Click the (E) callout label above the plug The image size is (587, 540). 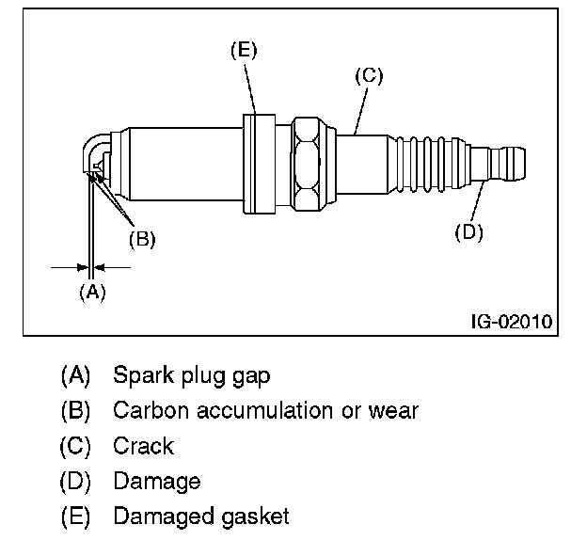pyautogui.click(x=244, y=51)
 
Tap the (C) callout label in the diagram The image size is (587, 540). pyautogui.click(x=369, y=76)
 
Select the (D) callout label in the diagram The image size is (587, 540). pyautogui.click(x=469, y=232)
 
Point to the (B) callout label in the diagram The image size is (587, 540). pyautogui.click(x=142, y=239)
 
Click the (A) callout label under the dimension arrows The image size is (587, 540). pyautogui.click(x=93, y=292)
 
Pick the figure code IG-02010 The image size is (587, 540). pyautogui.click(x=512, y=322)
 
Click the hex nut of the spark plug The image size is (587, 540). pyautogui.click(x=307, y=164)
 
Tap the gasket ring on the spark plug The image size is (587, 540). pyautogui.click(x=259, y=164)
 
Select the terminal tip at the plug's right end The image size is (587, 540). pyautogui.click(x=498, y=164)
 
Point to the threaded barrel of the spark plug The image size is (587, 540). pyautogui.click(x=185, y=164)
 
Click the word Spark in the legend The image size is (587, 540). pyautogui.click(x=143, y=374)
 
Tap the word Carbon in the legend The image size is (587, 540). pyautogui.click(x=151, y=410)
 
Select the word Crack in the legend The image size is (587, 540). pyautogui.click(x=144, y=446)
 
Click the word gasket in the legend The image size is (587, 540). pyautogui.click(x=255, y=516)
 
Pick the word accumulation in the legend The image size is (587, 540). pyautogui.click(x=265, y=410)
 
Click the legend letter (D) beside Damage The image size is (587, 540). pyautogui.click(x=75, y=482)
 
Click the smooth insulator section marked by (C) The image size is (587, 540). pyautogui.click(x=361, y=165)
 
